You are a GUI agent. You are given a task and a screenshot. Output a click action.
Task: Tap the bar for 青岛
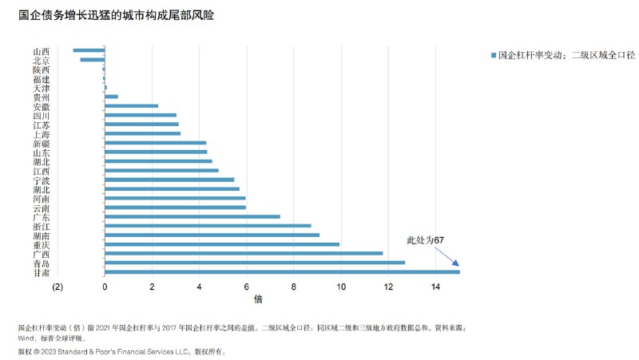(x=255, y=263)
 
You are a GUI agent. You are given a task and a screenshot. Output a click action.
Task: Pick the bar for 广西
(x=244, y=253)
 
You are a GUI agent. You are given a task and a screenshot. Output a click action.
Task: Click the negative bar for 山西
(x=89, y=50)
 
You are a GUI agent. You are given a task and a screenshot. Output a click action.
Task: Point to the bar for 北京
(x=93, y=60)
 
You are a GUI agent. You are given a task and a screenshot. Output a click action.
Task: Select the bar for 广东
(x=192, y=216)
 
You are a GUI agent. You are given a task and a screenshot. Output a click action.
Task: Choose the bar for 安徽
(x=132, y=106)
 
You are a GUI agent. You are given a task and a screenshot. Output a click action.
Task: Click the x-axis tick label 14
(x=436, y=287)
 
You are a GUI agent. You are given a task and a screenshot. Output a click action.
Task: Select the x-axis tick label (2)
(x=58, y=287)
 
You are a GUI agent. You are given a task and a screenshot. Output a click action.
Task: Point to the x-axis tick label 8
(x=294, y=287)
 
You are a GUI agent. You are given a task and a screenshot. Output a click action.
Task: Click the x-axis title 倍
(x=258, y=300)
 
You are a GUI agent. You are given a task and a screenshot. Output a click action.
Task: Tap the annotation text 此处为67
(x=426, y=239)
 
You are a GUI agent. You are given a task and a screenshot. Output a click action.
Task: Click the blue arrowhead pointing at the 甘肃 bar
(x=455, y=263)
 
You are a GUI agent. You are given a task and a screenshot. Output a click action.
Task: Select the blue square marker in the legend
(x=493, y=55)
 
